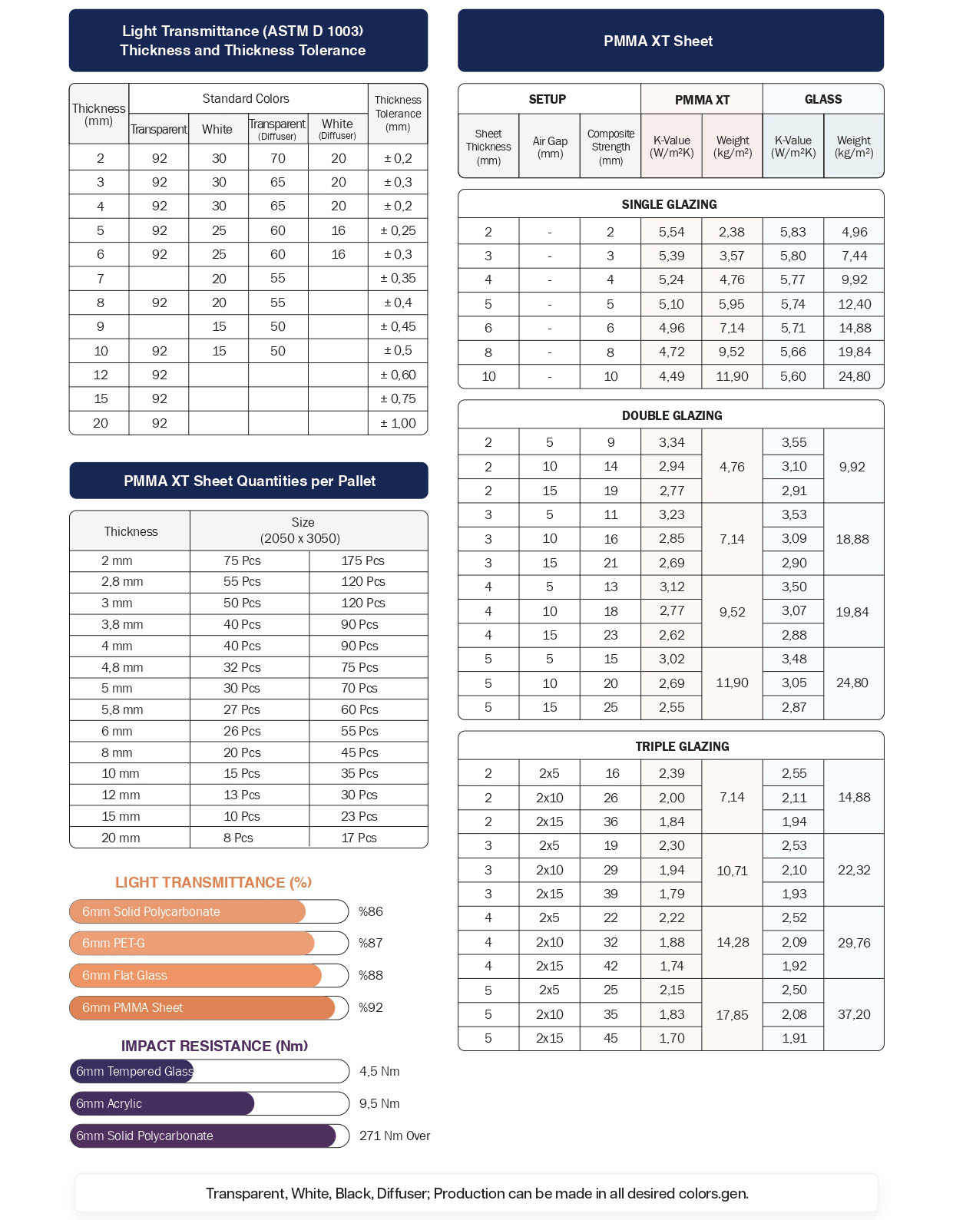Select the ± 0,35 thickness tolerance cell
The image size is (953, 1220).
point(398,279)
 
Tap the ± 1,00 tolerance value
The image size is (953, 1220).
point(398,423)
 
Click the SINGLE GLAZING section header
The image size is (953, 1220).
point(670,204)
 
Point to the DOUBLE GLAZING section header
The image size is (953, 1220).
point(672,415)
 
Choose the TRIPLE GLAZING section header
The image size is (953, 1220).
point(682,746)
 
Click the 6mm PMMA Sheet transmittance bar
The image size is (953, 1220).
point(202,1007)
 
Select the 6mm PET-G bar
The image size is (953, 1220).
point(192,943)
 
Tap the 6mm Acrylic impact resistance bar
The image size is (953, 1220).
point(162,1103)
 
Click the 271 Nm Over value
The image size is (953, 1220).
point(395,1136)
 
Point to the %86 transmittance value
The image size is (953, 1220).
point(371,911)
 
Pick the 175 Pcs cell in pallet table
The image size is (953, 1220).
point(362,560)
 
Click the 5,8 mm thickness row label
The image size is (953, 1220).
point(122,709)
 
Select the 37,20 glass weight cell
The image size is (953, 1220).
point(854,1014)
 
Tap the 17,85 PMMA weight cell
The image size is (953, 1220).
point(732,1014)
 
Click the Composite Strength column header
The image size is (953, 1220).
point(611,147)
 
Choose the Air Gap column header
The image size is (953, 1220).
point(550,147)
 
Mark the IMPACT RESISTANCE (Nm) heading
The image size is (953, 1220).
point(214,1046)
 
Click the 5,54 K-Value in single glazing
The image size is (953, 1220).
point(671,232)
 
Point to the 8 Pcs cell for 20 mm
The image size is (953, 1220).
point(238,838)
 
